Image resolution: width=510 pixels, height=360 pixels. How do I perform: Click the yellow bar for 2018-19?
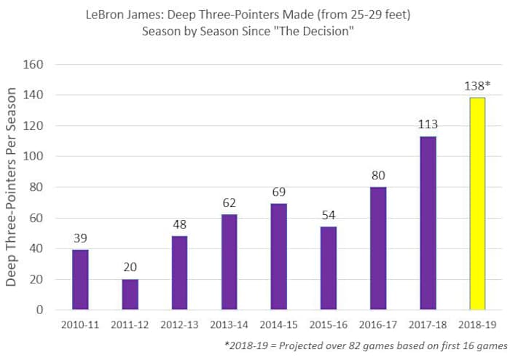(x=477, y=203)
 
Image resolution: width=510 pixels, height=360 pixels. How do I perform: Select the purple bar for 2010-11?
(x=80, y=279)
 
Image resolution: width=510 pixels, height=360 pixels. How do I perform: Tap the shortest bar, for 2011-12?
(x=130, y=294)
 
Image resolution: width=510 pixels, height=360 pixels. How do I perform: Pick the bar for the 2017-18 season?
(x=428, y=222)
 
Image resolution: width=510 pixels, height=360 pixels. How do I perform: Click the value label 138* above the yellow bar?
(x=478, y=85)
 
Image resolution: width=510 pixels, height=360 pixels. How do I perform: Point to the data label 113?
(x=428, y=124)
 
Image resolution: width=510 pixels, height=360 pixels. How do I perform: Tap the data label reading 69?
(x=278, y=191)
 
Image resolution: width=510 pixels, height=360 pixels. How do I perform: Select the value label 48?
(x=179, y=224)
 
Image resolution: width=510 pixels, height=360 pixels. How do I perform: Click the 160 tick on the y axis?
(x=34, y=64)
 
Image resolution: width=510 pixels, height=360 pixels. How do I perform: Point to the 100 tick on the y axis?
(x=34, y=157)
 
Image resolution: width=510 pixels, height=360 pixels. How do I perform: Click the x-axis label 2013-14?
(x=229, y=324)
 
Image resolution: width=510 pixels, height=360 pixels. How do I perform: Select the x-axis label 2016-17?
(x=378, y=324)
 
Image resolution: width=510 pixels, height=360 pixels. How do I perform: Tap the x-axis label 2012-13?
(x=179, y=324)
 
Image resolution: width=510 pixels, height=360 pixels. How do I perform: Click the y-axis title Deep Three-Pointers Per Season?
(x=12, y=187)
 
